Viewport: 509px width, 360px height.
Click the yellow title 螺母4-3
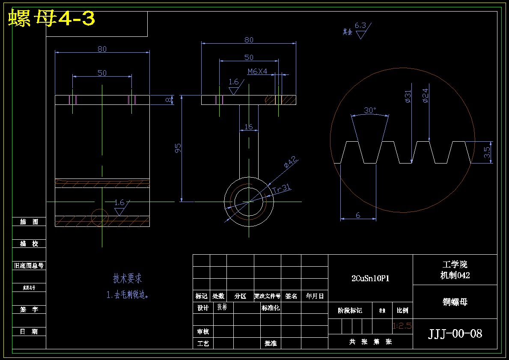pos(51,18)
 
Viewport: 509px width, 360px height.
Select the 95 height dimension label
pos(178,148)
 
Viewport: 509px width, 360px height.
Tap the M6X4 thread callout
pos(257,71)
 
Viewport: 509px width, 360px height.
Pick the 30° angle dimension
pos(370,110)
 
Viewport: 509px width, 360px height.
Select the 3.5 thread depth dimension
pos(487,152)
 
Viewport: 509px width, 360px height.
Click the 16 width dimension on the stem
pos(248,127)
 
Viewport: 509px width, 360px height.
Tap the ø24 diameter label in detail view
pos(425,95)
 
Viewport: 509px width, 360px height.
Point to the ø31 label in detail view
pos(408,96)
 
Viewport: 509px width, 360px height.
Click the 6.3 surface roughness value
pos(360,25)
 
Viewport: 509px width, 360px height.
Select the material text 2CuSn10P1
pos(370,278)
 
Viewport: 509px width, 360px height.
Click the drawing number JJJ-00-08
pos(455,333)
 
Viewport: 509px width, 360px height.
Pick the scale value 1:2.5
pos(402,326)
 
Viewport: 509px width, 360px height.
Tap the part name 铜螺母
pos(455,302)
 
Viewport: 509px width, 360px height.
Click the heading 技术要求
pos(127,279)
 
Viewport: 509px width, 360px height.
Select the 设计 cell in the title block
pos(203,308)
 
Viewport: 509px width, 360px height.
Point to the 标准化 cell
pos(271,308)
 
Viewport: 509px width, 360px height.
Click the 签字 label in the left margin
pos(29,309)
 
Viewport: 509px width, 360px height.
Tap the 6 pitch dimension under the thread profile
pos(358,215)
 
